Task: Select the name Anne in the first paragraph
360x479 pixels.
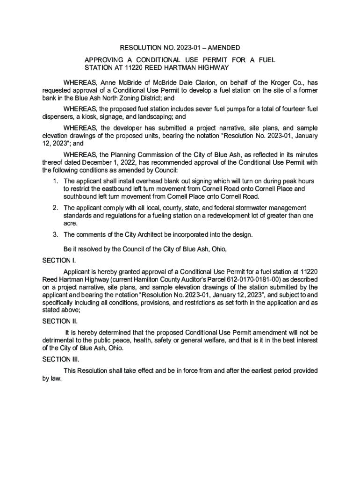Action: point(108,82)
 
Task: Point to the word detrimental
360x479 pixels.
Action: point(60,340)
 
